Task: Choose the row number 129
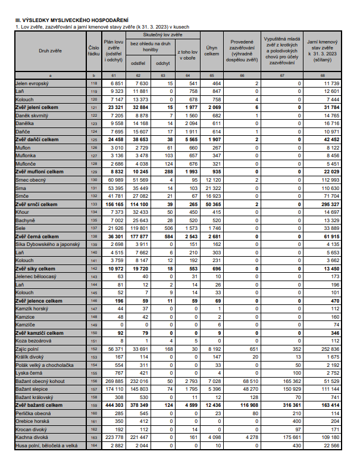tap(93, 171)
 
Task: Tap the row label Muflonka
tap(27, 154)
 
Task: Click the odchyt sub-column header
tap(161, 63)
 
